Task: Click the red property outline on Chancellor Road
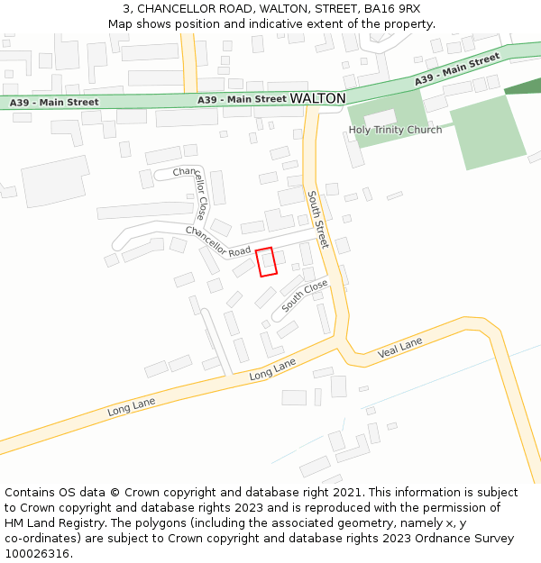(x=265, y=262)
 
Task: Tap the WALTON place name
(x=317, y=97)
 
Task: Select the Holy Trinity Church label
(x=395, y=130)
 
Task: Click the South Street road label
(x=317, y=220)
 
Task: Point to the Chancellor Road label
(x=218, y=241)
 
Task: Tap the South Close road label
(x=305, y=296)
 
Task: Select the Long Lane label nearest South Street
(x=272, y=368)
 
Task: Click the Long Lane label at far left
(x=132, y=406)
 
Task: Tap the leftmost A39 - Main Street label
(x=54, y=103)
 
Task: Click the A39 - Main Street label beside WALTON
(x=242, y=99)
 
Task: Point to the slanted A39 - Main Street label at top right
(x=457, y=69)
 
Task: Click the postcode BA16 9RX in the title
(x=391, y=8)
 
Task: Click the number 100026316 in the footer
(x=37, y=553)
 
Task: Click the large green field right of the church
(x=487, y=132)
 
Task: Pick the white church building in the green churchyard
(x=380, y=118)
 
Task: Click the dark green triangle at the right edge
(x=527, y=86)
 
